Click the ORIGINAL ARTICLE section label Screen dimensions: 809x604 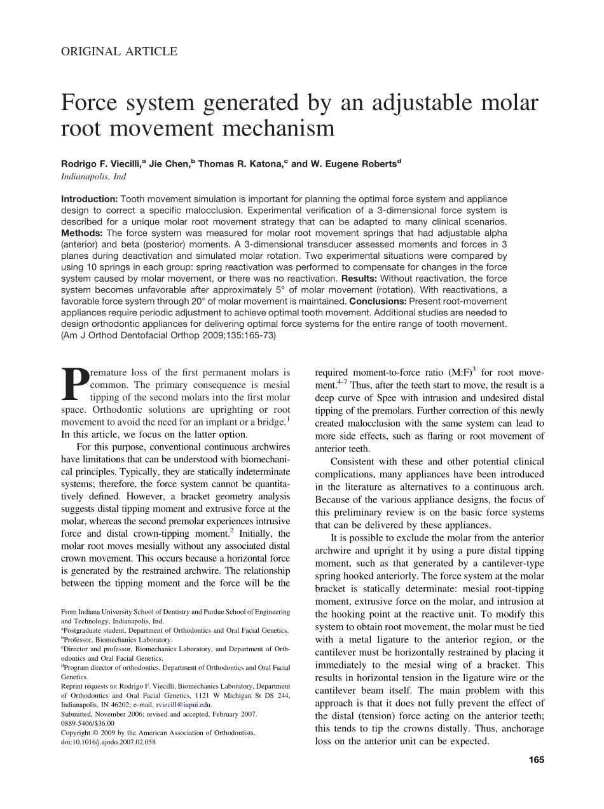click(119, 52)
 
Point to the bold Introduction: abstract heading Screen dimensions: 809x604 click(89, 199)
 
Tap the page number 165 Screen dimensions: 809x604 click(537, 759)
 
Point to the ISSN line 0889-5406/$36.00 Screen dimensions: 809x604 click(88, 723)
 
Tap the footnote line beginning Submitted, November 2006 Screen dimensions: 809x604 click(159, 714)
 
